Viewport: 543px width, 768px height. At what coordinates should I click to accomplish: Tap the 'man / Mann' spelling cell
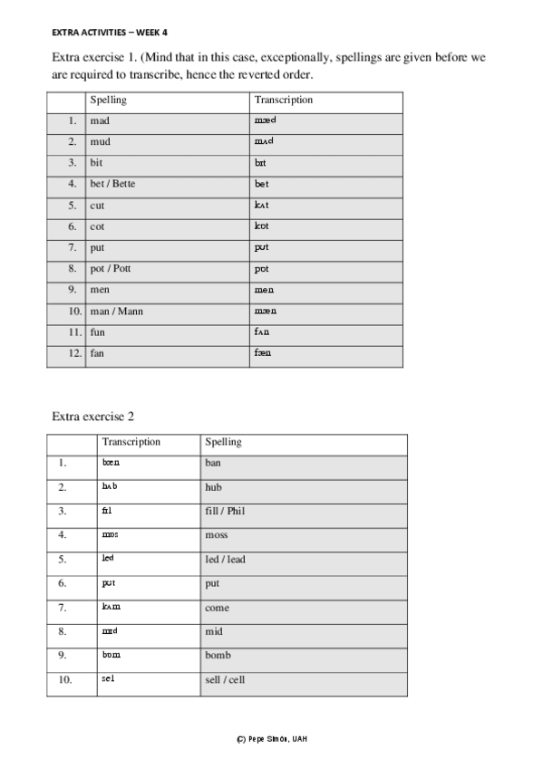tap(116, 312)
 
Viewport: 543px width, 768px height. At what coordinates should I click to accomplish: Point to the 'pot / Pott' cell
tap(110, 269)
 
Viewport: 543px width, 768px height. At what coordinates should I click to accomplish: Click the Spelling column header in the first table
tap(108, 100)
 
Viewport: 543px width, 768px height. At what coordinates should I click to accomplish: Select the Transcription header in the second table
tap(131, 442)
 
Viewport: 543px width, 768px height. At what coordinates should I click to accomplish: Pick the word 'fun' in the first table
tap(98, 332)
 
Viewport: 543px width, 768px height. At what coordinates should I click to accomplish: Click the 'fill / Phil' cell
tap(225, 512)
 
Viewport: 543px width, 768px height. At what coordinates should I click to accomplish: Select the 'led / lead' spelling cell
tap(225, 560)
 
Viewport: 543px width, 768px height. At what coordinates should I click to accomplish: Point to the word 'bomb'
tap(218, 656)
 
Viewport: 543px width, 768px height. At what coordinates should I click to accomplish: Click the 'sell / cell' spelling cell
tap(225, 680)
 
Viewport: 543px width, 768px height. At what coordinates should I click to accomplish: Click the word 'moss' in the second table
tap(217, 535)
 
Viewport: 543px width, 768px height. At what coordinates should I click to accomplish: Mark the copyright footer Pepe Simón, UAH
tap(271, 739)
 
